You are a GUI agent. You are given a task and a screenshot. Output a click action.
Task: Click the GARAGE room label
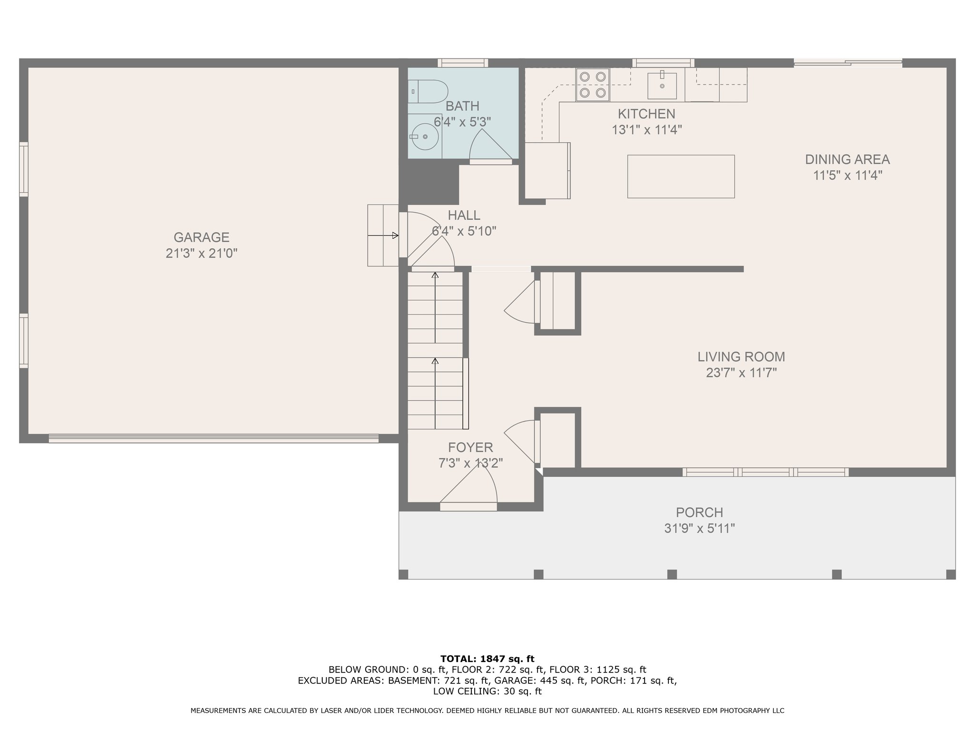pyautogui.click(x=201, y=237)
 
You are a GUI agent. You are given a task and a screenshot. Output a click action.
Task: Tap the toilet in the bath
pyautogui.click(x=428, y=91)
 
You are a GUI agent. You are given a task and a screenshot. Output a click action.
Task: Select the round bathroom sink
pyautogui.click(x=425, y=137)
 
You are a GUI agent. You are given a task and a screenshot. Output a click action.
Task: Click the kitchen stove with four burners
pyautogui.click(x=593, y=85)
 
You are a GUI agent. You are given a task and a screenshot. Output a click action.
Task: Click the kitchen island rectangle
pyautogui.click(x=681, y=176)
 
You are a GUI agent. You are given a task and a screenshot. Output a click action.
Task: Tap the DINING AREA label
pyautogui.click(x=847, y=159)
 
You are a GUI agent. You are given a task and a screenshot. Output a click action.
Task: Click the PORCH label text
pyautogui.click(x=699, y=512)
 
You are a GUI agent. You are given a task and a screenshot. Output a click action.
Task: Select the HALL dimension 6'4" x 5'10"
pyautogui.click(x=464, y=231)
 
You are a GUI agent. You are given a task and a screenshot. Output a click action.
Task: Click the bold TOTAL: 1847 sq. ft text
pyautogui.click(x=487, y=659)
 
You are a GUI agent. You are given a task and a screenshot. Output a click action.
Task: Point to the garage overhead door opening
pyautogui.click(x=214, y=438)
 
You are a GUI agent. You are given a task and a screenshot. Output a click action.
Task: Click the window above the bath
pyautogui.click(x=463, y=63)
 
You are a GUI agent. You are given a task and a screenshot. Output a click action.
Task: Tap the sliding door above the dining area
pyautogui.click(x=848, y=62)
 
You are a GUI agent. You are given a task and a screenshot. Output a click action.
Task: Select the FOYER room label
pyautogui.click(x=470, y=447)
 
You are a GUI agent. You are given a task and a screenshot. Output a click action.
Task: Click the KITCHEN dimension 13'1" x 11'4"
pyautogui.click(x=647, y=129)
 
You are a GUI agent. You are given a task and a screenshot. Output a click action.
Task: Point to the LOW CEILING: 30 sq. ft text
pyautogui.click(x=487, y=691)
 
